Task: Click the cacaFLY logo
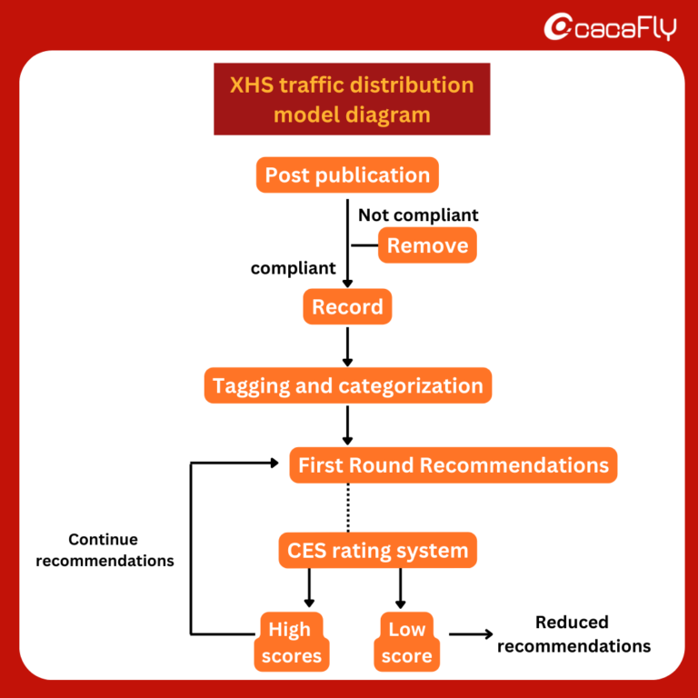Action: pos(610,27)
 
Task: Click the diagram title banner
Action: pos(352,99)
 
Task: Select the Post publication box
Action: pos(347,174)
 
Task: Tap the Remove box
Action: pos(427,245)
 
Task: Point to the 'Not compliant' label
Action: pos(418,215)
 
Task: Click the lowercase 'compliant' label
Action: pos(293,268)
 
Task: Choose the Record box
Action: pos(347,307)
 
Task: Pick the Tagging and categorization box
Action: pos(347,385)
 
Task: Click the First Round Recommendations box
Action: pos(453,465)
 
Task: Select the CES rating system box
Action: pos(377,550)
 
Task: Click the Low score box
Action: pos(406,642)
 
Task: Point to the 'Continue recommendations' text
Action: pos(105,550)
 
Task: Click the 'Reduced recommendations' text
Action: pos(573,634)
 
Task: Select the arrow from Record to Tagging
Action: pos(347,346)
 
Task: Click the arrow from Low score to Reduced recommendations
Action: pos(470,635)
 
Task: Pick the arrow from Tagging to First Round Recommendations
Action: pos(347,424)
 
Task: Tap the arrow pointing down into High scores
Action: pos(309,588)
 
